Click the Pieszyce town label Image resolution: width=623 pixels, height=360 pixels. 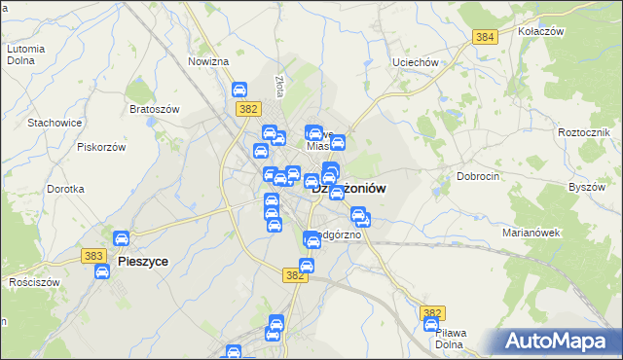coord(141,262)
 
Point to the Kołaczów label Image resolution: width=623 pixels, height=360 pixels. coord(542,32)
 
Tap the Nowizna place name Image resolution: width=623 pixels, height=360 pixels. coord(208,61)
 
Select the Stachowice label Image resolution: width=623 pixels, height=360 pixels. coord(54,123)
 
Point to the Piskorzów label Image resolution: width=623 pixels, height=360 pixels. coord(102,147)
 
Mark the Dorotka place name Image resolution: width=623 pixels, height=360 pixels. coord(65,189)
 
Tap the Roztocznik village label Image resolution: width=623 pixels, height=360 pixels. coord(584,131)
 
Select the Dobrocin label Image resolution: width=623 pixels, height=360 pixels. coord(478,177)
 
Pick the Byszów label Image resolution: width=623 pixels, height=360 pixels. coord(587,186)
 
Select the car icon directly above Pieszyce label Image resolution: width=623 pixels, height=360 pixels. coord(122,238)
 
